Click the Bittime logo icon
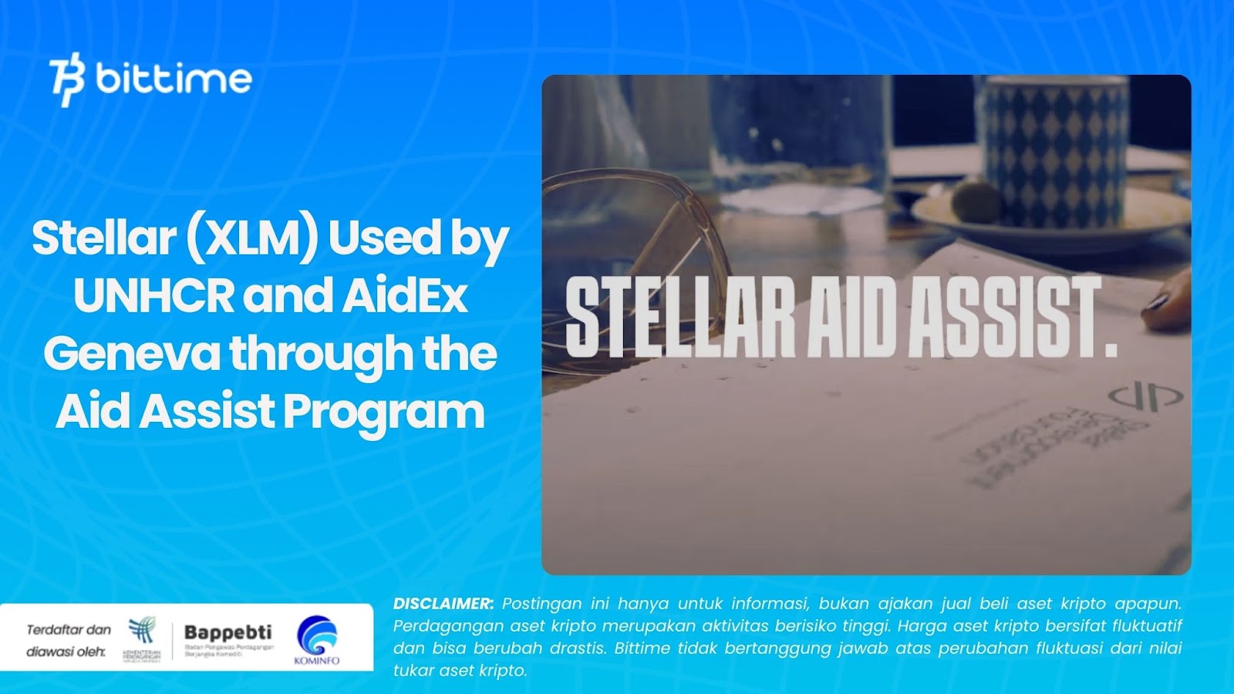pyautogui.click(x=67, y=79)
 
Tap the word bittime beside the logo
pyautogui.click(x=174, y=79)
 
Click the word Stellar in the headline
pyautogui.click(x=104, y=238)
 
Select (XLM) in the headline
pyautogui.click(x=251, y=238)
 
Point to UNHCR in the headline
pyautogui.click(x=153, y=295)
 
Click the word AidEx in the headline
pyautogui.click(x=405, y=295)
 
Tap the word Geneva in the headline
pyautogui.click(x=131, y=353)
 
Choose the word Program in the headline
pyautogui.click(x=384, y=411)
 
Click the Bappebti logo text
pyautogui.click(x=228, y=633)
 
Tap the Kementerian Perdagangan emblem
pyautogui.click(x=142, y=632)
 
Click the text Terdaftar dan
pyautogui.click(x=69, y=630)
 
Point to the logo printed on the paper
pyautogui.click(x=1145, y=396)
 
